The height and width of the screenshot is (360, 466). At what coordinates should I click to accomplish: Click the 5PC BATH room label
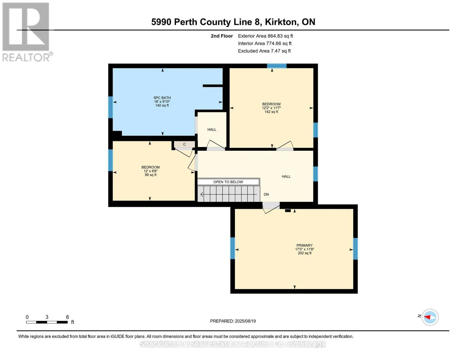(162, 98)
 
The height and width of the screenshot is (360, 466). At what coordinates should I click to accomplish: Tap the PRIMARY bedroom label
(304, 245)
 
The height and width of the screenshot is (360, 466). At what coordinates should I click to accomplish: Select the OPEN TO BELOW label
(228, 182)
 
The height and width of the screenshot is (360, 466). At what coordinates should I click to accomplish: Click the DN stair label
(266, 194)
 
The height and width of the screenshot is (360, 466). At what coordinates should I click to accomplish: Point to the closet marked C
(184, 144)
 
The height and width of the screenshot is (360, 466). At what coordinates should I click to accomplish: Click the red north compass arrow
(427, 317)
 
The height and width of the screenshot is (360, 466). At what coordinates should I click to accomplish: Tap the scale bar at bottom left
(47, 322)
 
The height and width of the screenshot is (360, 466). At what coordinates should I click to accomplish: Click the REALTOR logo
(27, 32)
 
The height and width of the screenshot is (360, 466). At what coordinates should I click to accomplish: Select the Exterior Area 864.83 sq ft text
(265, 36)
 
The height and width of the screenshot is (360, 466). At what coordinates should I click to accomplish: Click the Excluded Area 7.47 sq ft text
(264, 51)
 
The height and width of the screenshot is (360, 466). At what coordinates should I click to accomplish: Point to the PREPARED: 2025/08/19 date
(233, 321)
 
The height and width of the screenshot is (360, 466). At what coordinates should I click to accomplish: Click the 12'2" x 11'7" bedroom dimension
(271, 108)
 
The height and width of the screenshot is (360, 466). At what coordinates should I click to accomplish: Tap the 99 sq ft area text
(151, 175)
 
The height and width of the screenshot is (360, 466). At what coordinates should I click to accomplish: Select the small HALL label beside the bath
(212, 130)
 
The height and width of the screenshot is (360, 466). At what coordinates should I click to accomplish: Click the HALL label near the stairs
(286, 176)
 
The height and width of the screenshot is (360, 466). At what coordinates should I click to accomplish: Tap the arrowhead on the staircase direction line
(202, 194)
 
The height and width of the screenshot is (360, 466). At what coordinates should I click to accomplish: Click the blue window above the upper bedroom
(277, 66)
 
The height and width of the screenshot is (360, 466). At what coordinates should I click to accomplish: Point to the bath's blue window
(110, 107)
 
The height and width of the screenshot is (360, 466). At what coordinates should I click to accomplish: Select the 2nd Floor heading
(221, 36)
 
